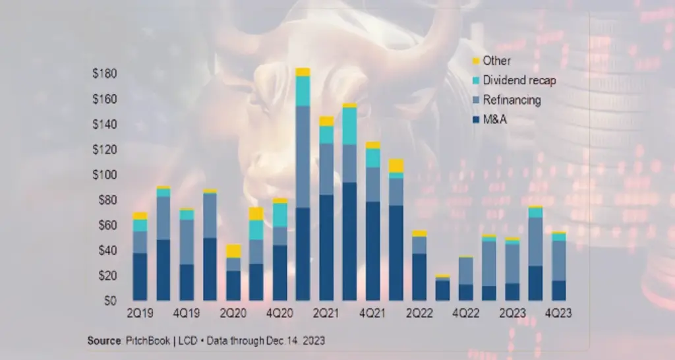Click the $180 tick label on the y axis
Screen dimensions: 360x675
(104, 74)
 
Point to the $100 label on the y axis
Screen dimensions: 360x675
(104, 175)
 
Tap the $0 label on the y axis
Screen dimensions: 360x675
(109, 301)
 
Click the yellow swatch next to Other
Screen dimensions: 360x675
(475, 61)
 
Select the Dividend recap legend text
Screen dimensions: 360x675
(519, 81)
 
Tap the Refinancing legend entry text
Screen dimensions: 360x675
(512, 101)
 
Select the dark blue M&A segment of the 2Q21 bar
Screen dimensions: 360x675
(326, 247)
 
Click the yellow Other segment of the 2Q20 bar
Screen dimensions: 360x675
(233, 251)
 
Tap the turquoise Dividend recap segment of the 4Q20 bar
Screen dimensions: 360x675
(279, 215)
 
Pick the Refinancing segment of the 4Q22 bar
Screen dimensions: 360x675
(466, 270)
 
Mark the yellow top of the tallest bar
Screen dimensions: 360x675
(303, 72)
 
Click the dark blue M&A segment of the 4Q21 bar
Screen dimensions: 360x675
(372, 251)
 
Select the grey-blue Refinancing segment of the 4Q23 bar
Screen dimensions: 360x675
(558, 260)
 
